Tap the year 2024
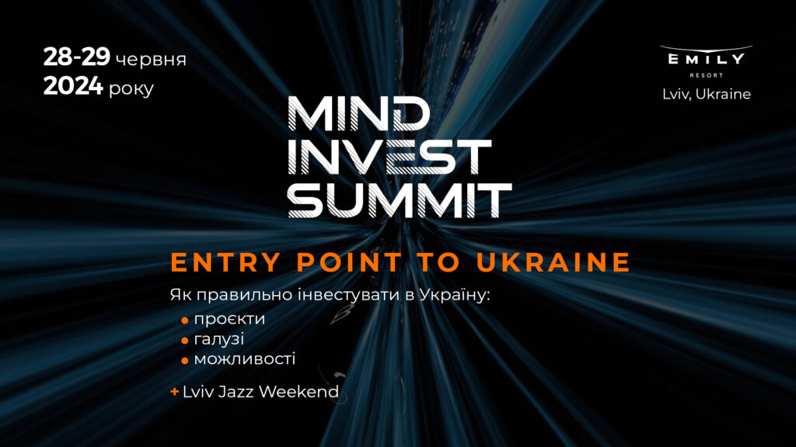tap(73, 88)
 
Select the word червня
tap(151, 60)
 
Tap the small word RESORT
tap(706, 75)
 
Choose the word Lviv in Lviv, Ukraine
tap(675, 94)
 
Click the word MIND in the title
tap(358, 115)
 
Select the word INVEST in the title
tap(389, 157)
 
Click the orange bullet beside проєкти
tap(185, 320)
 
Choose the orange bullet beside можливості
tap(185, 361)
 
